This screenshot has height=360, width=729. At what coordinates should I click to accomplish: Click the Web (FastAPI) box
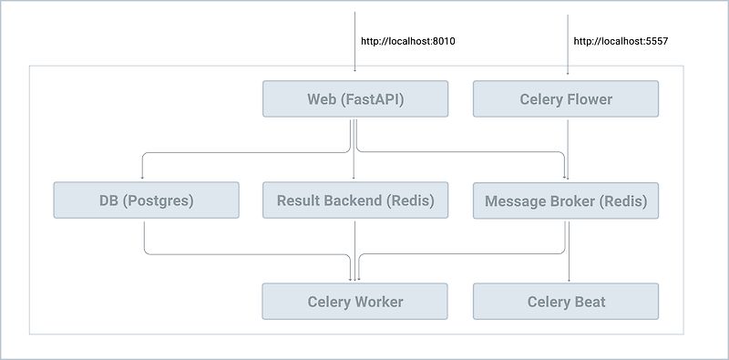coord(354,98)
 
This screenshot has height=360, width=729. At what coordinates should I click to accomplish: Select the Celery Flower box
coord(565,98)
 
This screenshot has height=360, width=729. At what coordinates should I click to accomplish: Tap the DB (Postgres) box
coord(146,201)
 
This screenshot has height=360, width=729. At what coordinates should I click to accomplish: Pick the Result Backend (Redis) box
coord(354,201)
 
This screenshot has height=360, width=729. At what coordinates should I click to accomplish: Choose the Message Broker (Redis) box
coord(565,201)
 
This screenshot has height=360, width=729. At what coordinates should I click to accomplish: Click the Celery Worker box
coord(354,302)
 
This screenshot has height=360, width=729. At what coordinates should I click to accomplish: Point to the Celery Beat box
coord(565,302)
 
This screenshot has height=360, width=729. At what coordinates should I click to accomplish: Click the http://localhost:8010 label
coord(407,41)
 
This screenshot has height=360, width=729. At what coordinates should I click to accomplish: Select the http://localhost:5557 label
coord(622,41)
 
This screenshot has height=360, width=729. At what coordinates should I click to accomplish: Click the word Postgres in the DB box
coord(161,201)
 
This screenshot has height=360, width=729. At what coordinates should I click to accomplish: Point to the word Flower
coord(589,98)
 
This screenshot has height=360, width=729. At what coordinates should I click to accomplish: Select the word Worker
coord(376,302)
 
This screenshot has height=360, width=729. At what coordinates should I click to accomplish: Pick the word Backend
coord(350,201)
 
